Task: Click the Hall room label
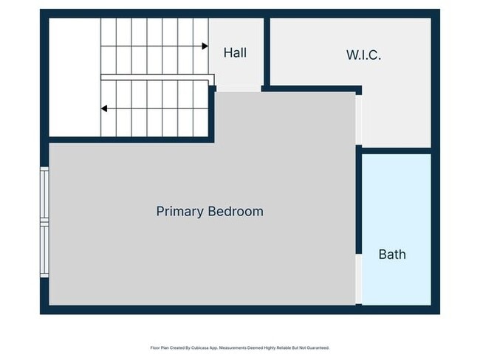(x=235, y=53)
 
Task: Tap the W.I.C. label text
(x=363, y=55)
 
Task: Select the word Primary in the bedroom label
(x=179, y=212)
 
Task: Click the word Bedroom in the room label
(x=234, y=212)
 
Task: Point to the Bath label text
(x=391, y=255)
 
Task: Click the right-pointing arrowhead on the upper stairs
(x=205, y=46)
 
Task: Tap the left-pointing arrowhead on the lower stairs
(x=104, y=108)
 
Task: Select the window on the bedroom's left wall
(x=44, y=221)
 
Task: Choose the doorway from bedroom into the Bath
(x=359, y=279)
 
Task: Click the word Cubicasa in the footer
(x=196, y=347)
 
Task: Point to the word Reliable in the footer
(x=281, y=347)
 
